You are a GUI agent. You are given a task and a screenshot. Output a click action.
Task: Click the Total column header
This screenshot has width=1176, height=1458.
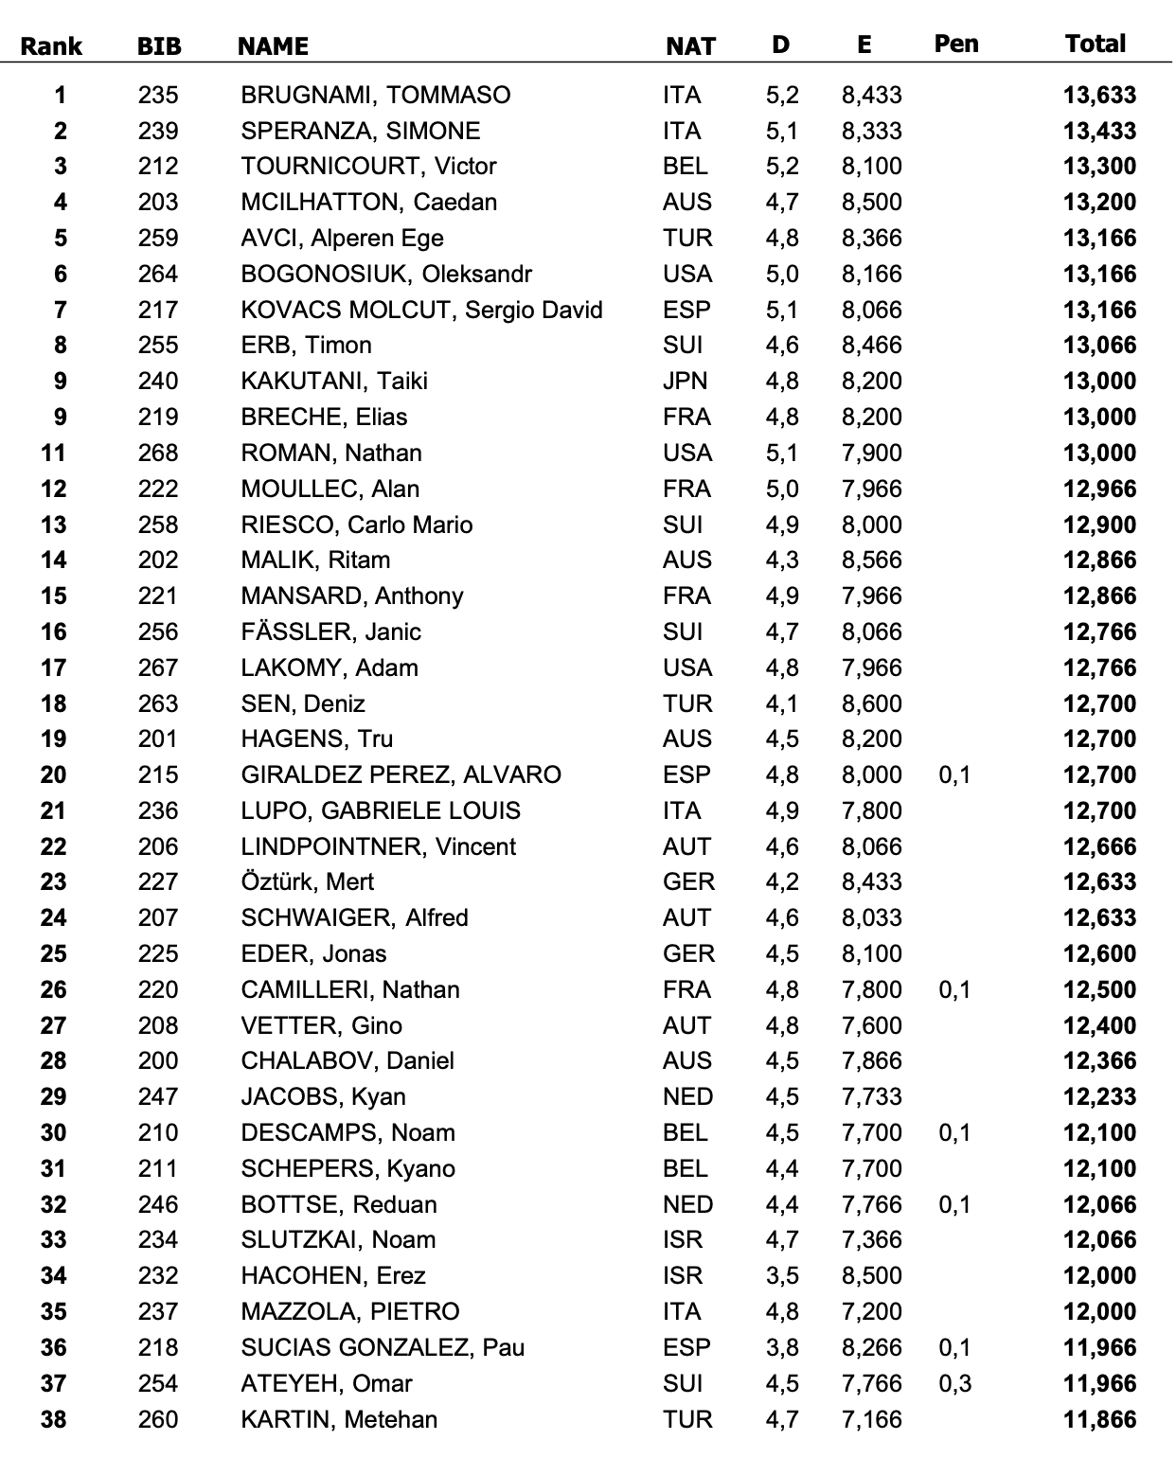[x=1096, y=44]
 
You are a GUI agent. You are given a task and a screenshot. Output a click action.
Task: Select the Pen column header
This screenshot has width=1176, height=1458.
[x=956, y=44]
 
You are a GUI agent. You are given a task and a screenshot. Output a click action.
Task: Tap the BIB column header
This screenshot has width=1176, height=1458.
[x=159, y=46]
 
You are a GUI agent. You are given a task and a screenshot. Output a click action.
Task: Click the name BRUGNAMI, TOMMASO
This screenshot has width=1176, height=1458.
[x=375, y=95]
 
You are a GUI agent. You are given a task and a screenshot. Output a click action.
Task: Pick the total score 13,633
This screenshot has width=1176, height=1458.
[x=1099, y=95]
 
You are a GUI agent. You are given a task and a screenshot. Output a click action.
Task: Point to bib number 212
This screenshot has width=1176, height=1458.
[x=158, y=167]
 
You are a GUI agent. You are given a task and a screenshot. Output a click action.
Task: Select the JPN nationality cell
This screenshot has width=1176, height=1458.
[x=686, y=382]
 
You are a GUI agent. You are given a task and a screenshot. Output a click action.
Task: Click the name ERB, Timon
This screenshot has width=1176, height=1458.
[x=306, y=346]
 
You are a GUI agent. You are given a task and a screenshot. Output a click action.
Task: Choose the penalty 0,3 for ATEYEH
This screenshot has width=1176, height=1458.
[x=955, y=1383]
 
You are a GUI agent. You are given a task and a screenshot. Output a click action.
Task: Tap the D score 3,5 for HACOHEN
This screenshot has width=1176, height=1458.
[x=782, y=1276]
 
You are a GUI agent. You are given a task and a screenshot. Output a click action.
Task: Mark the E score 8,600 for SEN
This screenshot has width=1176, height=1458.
[x=872, y=703]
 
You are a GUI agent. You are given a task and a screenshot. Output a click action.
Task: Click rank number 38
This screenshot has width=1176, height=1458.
[x=54, y=1419]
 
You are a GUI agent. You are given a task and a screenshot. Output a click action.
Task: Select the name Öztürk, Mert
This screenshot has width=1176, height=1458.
[x=307, y=882]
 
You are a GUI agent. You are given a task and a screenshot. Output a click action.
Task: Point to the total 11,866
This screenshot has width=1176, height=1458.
[x=1099, y=1419]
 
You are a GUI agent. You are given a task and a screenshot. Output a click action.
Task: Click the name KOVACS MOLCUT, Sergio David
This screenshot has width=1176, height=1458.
[x=421, y=310]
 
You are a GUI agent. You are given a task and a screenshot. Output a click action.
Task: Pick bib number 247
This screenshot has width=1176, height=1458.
[x=158, y=1097]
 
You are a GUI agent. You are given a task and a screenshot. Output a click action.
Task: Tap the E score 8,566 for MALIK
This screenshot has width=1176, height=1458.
[x=872, y=560]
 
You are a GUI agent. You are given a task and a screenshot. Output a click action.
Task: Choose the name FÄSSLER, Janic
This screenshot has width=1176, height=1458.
[x=330, y=631]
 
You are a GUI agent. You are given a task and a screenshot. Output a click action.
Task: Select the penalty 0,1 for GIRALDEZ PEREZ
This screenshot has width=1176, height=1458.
[x=955, y=775]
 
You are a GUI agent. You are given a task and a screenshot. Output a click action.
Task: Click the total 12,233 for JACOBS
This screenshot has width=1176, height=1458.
[x=1099, y=1097]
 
